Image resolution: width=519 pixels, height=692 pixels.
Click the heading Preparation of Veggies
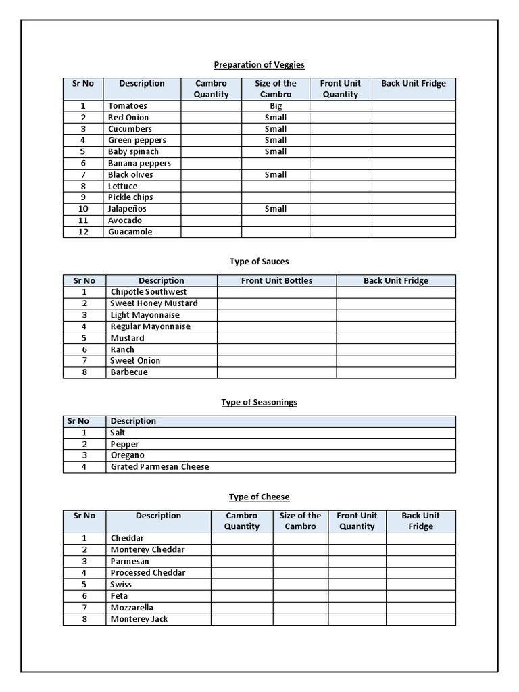click(259, 65)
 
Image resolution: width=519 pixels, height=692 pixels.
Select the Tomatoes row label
click(127, 106)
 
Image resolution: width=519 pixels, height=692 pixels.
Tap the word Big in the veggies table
click(276, 106)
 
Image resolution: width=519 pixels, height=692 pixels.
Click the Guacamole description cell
click(130, 232)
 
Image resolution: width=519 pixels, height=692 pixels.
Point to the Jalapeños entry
click(127, 209)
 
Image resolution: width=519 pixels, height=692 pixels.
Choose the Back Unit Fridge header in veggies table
click(413, 84)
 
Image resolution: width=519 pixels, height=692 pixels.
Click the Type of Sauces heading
click(259, 262)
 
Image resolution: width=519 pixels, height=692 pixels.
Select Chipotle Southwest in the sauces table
click(149, 292)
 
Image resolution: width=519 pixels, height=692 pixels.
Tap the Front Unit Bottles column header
click(276, 280)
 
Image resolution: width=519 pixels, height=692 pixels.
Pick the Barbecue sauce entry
click(128, 372)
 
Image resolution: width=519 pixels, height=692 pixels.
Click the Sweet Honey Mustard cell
click(154, 303)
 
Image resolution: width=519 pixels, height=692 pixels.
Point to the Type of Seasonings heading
click(259, 402)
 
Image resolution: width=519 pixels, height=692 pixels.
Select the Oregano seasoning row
click(127, 455)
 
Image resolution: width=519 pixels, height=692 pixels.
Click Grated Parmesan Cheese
click(159, 467)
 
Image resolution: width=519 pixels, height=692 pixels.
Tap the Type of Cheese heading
click(259, 497)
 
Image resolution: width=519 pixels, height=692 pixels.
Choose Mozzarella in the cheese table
click(132, 608)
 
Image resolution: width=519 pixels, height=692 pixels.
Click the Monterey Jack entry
click(139, 619)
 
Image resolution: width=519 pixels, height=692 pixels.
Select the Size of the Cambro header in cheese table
click(300, 521)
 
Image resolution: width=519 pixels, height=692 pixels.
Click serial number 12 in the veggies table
click(83, 232)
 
